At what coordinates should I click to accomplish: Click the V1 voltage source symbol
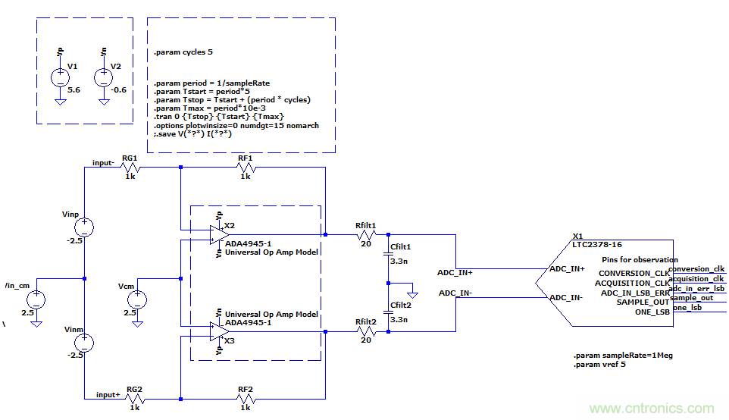click(x=59, y=77)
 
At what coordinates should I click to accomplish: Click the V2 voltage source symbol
click(x=102, y=77)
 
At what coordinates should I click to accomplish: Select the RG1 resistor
click(x=130, y=168)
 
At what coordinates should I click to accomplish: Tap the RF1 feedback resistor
click(x=246, y=168)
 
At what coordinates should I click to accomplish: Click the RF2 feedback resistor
click(x=246, y=398)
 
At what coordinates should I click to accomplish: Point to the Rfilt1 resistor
click(x=366, y=234)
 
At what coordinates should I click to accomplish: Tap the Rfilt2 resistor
click(x=366, y=331)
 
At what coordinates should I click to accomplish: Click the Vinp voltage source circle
click(x=84, y=227)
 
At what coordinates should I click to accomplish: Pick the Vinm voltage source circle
click(x=84, y=343)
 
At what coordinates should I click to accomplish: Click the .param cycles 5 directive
click(x=183, y=52)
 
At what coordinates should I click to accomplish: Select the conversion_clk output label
click(x=696, y=269)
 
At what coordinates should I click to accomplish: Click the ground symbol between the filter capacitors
click(x=411, y=291)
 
